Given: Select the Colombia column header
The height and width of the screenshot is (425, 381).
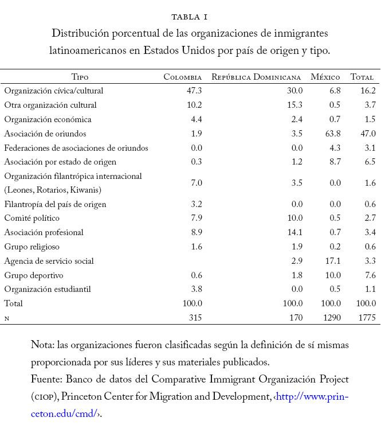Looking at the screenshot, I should click(x=183, y=77).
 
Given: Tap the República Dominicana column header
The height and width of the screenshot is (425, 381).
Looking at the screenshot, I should click(x=256, y=77).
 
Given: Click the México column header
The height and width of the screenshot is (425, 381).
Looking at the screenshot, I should click(x=325, y=77).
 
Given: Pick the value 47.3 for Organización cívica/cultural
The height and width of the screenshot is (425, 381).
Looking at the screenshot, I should click(x=194, y=91).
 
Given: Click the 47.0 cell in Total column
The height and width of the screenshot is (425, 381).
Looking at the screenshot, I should click(x=367, y=134).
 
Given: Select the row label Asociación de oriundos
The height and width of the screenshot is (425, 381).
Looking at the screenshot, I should click(x=45, y=134).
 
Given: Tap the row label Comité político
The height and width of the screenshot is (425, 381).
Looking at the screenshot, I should click(x=32, y=218).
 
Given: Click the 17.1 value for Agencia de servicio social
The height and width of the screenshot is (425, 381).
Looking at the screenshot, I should click(x=332, y=261).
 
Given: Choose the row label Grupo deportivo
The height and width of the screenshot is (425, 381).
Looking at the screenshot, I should click(x=32, y=275).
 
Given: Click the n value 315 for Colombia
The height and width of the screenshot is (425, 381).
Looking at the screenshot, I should click(x=195, y=317).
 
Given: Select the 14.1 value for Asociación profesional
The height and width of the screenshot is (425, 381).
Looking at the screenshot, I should click(x=294, y=232).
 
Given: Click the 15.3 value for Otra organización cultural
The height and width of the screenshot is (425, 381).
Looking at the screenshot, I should click(x=294, y=105).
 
